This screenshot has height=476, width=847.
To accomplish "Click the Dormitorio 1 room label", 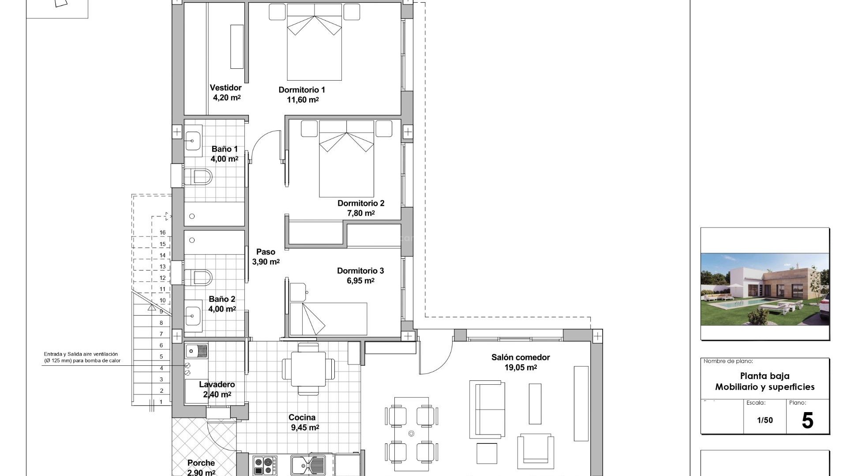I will click(302, 90).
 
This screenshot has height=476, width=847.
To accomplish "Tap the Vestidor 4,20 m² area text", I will click(226, 97).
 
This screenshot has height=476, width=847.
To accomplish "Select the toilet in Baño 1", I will click(198, 177).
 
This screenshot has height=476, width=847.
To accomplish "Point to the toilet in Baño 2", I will click(198, 277).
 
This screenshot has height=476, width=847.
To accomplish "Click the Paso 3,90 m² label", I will click(266, 257).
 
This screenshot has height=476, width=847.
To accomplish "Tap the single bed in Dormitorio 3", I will click(329, 318).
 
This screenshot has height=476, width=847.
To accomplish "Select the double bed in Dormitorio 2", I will click(347, 159).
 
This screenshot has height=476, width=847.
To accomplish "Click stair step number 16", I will click(163, 233).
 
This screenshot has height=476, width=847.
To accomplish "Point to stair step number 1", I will click(161, 402).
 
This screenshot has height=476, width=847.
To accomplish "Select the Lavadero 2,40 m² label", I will click(217, 390).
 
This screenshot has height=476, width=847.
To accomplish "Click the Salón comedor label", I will click(521, 357).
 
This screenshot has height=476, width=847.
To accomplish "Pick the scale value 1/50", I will click(765, 420).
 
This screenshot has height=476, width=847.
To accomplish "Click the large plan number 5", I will click(807, 420).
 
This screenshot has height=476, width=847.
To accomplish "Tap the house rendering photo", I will click(765, 289).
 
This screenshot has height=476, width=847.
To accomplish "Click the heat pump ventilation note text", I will click(82, 357).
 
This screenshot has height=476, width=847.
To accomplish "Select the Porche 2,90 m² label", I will click(201, 467).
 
